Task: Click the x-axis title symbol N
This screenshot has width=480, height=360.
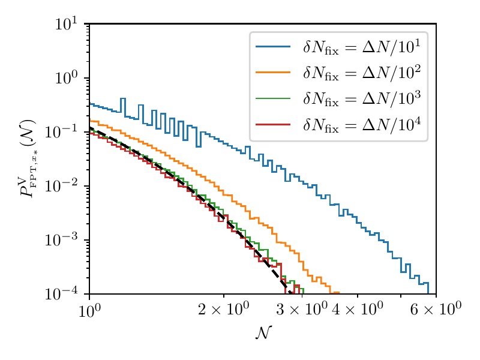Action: [262, 334]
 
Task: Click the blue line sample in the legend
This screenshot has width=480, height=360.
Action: [273, 47]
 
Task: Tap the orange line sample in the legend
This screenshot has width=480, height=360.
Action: [273, 72]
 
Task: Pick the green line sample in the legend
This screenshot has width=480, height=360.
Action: [273, 98]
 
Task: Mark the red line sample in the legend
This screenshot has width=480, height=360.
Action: [273, 123]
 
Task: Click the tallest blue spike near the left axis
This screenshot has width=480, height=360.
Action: [123, 99]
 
